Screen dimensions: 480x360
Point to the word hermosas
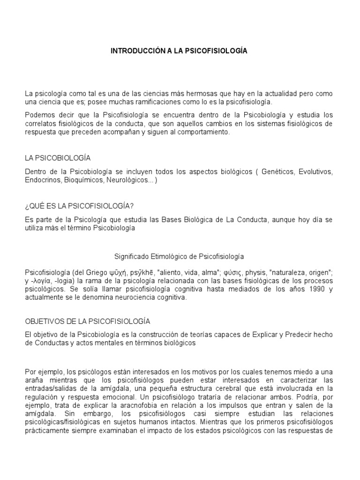[x=215, y=94]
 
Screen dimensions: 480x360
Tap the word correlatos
[x=38, y=124]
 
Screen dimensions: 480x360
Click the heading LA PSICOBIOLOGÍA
[x=58, y=158]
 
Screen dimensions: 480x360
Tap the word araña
[x=33, y=380]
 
